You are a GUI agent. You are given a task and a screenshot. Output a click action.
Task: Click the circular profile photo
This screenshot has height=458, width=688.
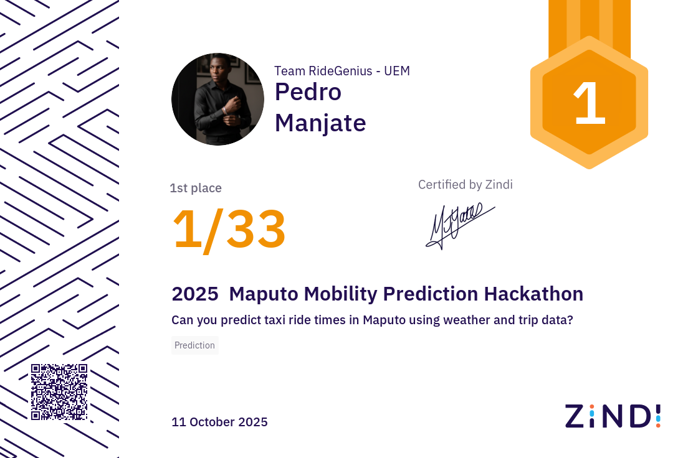pos(217,100)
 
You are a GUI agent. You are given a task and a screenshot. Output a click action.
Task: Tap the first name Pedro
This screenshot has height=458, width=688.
pos(308,92)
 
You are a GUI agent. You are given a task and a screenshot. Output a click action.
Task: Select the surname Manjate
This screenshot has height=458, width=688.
pos(320,123)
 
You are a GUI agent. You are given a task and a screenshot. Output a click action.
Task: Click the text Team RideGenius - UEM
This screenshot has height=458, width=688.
pos(342,71)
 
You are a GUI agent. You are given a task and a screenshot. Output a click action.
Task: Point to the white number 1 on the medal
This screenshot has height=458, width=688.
pos(589,104)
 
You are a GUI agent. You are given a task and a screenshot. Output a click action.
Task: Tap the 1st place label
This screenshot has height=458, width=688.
pos(196,188)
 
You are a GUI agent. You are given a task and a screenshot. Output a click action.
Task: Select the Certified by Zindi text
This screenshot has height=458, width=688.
pos(465,184)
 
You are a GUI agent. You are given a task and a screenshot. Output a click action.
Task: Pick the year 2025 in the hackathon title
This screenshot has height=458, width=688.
pos(194,294)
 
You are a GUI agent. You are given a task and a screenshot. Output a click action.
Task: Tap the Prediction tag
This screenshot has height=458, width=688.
pos(194,345)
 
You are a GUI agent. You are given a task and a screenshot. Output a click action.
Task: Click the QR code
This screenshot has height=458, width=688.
pos(59,392)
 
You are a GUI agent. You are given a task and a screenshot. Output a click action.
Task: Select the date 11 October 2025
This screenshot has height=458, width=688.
pos(219,422)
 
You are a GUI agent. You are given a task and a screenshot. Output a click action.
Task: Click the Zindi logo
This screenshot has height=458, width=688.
pos(612,416)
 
